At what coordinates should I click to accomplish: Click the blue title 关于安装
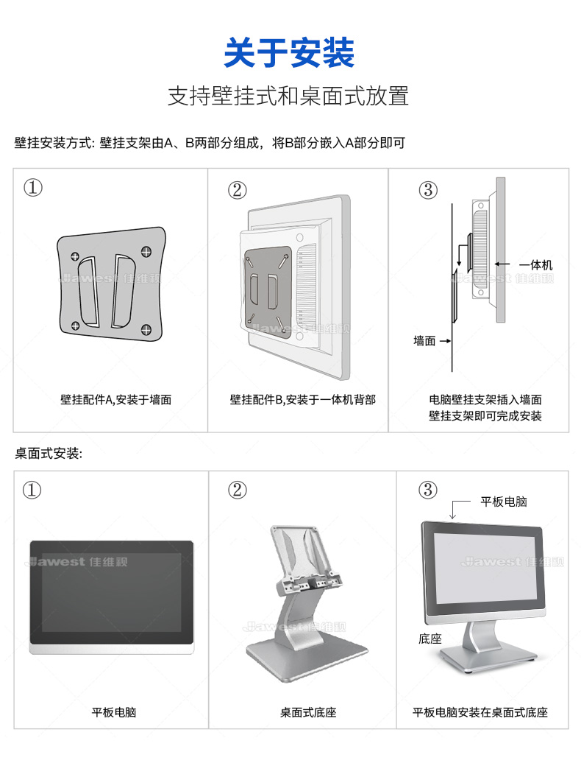coord(289,52)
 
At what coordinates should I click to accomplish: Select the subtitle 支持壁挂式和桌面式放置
coord(288,96)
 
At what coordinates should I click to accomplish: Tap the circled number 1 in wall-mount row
coord(33,187)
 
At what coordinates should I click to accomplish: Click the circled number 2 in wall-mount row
coord(237,190)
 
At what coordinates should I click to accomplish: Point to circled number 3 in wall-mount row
coord(428,190)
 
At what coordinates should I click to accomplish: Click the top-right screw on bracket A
coord(146,252)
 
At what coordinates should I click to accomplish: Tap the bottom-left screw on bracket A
coord(75,326)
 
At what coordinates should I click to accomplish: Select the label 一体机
coord(536,265)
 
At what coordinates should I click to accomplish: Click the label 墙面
coord(424,341)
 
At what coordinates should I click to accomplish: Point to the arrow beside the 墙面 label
coord(445,341)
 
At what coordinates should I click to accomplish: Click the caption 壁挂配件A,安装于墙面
coord(115,400)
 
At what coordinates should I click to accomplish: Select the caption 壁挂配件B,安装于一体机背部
coord(303,400)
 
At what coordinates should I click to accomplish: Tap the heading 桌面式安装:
coord(49,454)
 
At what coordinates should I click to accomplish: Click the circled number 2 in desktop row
coord(237,490)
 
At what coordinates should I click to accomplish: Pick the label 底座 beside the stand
coord(430,639)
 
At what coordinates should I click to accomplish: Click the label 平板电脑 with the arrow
coord(504,502)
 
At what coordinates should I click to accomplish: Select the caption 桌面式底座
coord(308,713)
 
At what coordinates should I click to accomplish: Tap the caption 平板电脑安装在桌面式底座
coord(480,713)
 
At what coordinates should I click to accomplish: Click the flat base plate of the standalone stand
coord(307,657)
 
